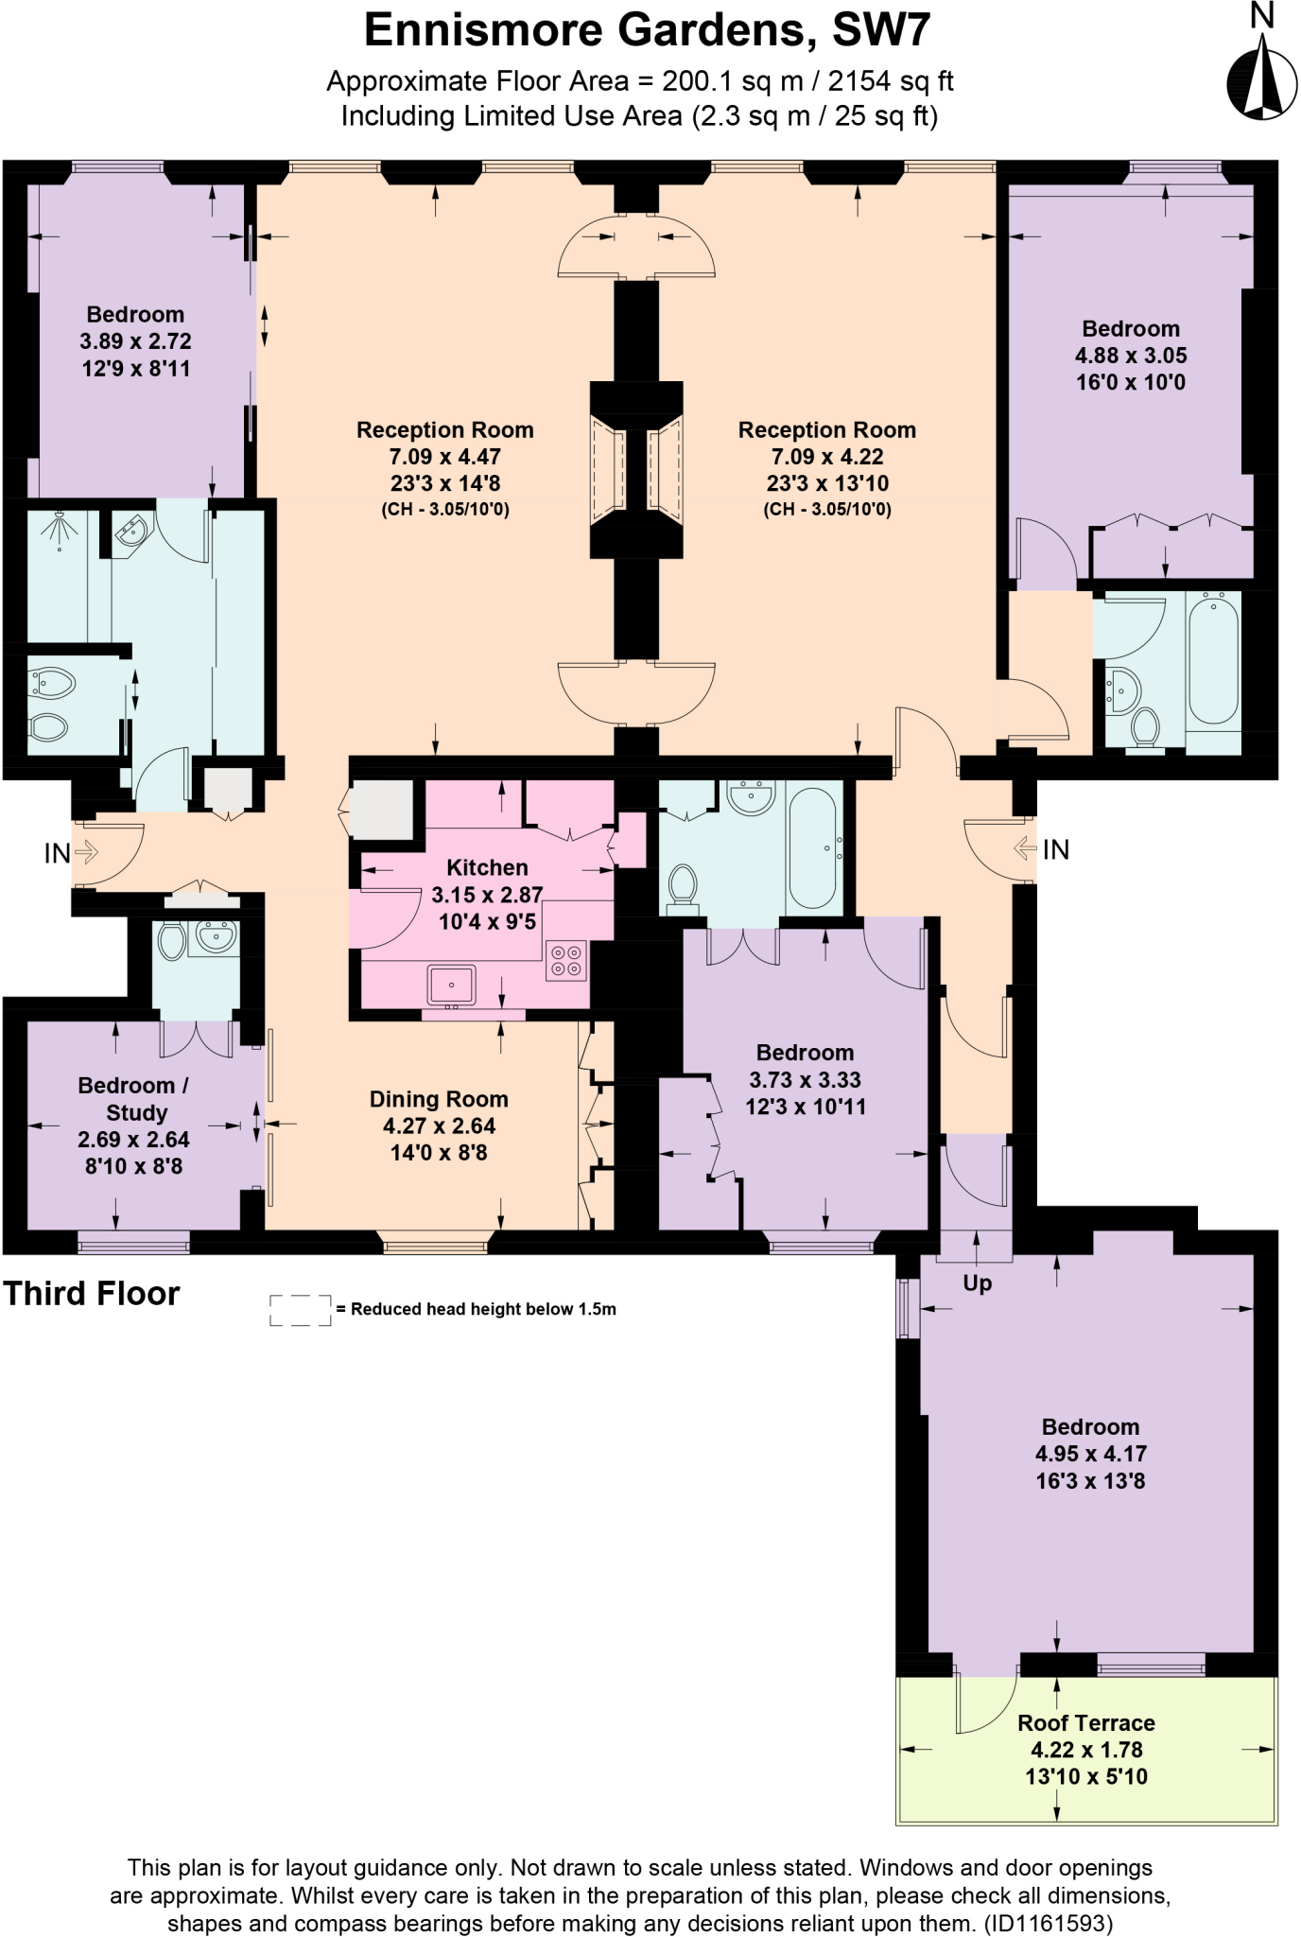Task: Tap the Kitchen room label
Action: click(487, 867)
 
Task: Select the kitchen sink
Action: click(452, 985)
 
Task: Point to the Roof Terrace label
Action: click(1085, 1722)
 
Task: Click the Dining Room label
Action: click(439, 1099)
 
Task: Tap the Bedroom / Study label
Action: click(133, 1098)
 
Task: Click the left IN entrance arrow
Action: click(84, 852)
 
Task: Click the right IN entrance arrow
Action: click(1025, 848)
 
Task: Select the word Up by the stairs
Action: click(977, 1283)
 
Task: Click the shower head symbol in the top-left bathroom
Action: click(61, 530)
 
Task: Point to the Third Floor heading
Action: click(91, 1294)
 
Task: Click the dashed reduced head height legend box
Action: click(300, 1310)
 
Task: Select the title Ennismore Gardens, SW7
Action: click(647, 30)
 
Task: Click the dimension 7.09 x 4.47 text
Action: click(444, 457)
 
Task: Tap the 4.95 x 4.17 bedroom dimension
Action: click(1090, 1454)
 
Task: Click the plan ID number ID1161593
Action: click(1048, 1923)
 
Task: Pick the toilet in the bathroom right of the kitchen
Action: click(682, 887)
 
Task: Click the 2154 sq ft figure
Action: click(891, 81)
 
